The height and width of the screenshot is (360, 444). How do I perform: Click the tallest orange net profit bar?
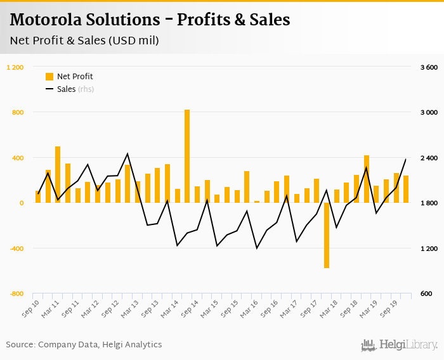[187, 156]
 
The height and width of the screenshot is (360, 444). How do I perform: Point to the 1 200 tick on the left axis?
[15, 67]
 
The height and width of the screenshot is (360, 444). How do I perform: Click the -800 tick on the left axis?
[16, 293]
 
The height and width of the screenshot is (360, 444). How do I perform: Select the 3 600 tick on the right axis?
[429, 67]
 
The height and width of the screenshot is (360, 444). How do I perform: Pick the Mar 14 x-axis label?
[171, 308]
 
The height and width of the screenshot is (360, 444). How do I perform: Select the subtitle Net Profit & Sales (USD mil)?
[84, 41]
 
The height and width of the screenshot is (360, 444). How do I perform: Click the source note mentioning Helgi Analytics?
[84, 344]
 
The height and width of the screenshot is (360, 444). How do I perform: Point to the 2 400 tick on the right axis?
[429, 158]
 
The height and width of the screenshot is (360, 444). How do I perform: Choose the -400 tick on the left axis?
[16, 248]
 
